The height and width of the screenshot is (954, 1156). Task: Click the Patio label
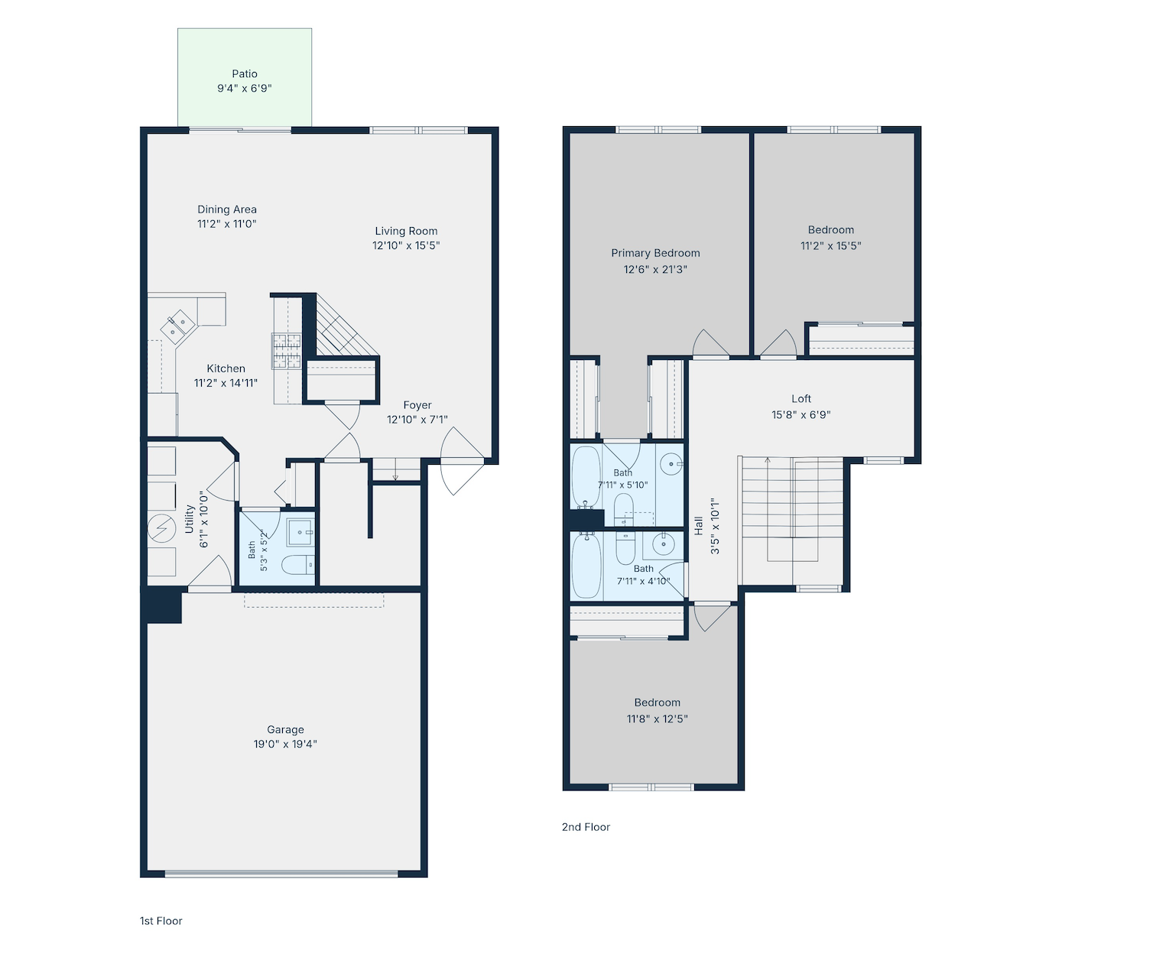tap(244, 73)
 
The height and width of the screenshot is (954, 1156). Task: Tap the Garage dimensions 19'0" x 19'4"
tap(285, 744)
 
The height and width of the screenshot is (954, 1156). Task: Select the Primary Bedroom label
tap(655, 253)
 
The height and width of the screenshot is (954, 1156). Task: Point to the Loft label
tap(801, 399)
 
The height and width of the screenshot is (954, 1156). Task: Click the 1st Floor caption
tap(161, 921)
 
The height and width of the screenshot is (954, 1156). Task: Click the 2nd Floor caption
tap(586, 826)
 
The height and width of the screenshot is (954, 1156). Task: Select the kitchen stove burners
tap(286, 351)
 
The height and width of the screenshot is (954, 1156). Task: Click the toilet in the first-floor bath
tap(298, 565)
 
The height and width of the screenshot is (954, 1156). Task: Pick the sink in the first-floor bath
tap(300, 532)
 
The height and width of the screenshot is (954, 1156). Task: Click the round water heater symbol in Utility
tap(161, 528)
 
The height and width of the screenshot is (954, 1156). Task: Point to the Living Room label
tap(406, 231)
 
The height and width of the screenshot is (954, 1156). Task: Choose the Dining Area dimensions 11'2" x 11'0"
tap(227, 224)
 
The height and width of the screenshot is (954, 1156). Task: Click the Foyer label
tap(417, 404)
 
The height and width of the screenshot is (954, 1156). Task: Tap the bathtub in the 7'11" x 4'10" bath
tap(586, 566)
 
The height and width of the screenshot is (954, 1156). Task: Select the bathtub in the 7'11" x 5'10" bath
tap(586, 478)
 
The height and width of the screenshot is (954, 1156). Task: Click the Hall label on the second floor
tap(699, 525)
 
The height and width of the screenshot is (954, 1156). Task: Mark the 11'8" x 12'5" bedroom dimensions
tap(658, 719)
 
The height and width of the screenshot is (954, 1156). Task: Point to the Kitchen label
tap(226, 368)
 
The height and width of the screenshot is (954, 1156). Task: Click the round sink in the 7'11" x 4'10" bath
tap(663, 544)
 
